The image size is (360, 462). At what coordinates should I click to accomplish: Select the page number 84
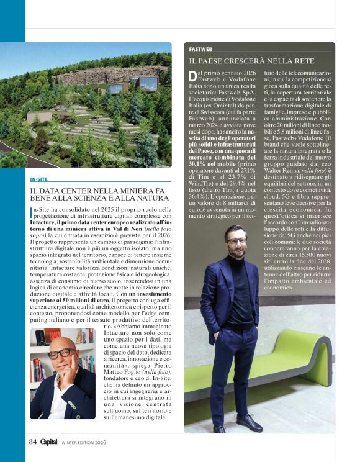click(34, 442)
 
